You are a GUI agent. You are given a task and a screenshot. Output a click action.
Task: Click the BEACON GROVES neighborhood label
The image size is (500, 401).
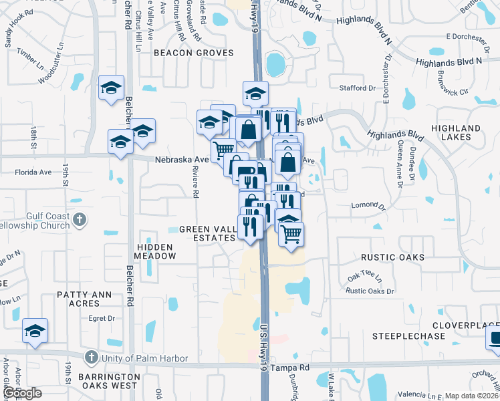tap(193, 53)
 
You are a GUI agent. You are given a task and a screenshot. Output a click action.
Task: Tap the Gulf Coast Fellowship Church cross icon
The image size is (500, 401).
tap(79, 219)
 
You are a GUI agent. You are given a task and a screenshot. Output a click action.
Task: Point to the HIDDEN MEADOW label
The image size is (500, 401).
tap(156, 251)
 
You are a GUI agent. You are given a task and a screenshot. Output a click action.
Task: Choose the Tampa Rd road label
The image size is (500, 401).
tap(295, 368)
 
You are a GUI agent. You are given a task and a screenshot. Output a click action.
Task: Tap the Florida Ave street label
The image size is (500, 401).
tap(33, 172)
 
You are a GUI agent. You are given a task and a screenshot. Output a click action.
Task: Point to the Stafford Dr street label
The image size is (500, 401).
tap(358, 88)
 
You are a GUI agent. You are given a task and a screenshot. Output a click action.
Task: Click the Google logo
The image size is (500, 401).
tap(21, 393)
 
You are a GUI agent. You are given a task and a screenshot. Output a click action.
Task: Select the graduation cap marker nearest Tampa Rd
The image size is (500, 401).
tap(35, 331)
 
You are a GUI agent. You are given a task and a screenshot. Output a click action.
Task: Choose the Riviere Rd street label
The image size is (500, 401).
tap(196, 184)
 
